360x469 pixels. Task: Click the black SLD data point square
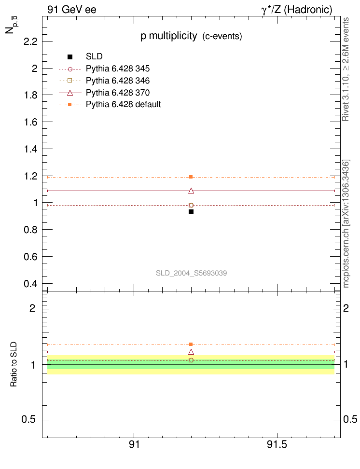[191, 212]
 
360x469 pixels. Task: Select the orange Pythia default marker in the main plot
[191, 177]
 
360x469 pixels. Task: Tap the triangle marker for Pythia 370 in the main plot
[191, 191]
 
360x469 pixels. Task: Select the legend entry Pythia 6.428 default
[123, 104]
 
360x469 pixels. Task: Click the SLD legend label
[94, 56]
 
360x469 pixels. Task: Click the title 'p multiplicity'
[169, 36]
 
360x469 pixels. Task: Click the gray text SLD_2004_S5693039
[191, 273]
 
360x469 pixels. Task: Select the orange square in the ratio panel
[191, 345]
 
